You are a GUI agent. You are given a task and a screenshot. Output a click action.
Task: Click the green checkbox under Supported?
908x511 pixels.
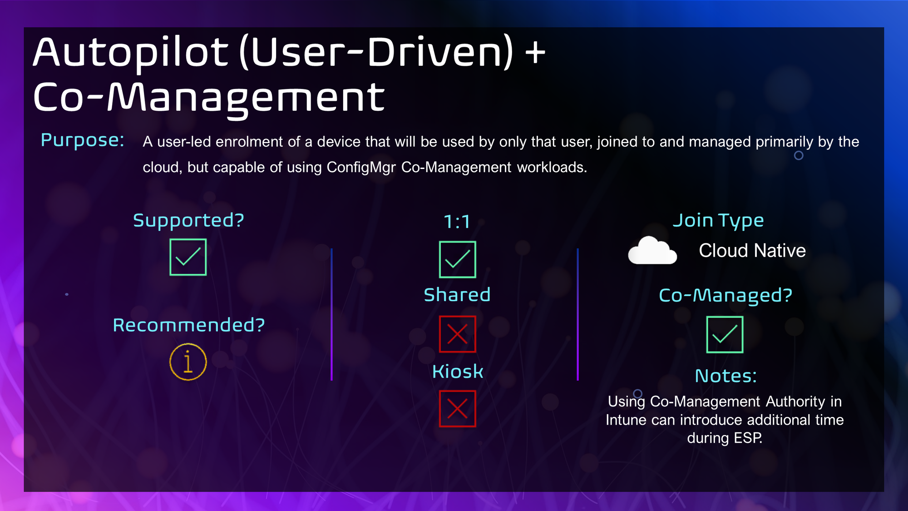pyautogui.click(x=188, y=257)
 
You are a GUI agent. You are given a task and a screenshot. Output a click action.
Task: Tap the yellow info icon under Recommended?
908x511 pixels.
pyautogui.click(x=188, y=362)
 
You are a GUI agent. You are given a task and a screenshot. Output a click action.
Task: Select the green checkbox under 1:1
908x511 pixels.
pyautogui.click(x=458, y=259)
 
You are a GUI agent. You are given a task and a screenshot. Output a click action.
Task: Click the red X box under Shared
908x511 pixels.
pyautogui.click(x=458, y=334)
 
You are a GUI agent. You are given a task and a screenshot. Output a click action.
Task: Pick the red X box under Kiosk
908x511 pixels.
pyautogui.click(x=458, y=409)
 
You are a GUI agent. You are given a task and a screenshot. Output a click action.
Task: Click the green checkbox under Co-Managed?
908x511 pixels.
pyautogui.click(x=725, y=335)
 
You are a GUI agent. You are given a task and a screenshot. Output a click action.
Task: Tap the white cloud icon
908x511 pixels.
pyautogui.click(x=652, y=250)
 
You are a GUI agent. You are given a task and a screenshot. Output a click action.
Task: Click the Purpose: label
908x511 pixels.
pyautogui.click(x=83, y=140)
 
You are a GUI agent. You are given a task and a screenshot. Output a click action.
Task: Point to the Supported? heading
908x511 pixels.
pyautogui.click(x=188, y=220)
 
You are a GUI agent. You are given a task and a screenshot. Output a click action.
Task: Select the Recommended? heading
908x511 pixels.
pyautogui.click(x=189, y=325)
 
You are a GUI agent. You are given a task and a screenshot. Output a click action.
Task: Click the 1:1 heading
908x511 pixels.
pyautogui.click(x=457, y=222)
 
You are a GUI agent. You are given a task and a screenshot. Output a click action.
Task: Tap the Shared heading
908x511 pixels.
pyautogui.click(x=457, y=295)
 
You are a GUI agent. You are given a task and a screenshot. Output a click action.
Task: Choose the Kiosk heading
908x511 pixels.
pyautogui.click(x=458, y=372)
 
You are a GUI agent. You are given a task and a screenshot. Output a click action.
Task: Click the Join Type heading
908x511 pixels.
pyautogui.click(x=718, y=221)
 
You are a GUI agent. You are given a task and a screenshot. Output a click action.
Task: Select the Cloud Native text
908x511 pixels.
pyautogui.click(x=752, y=251)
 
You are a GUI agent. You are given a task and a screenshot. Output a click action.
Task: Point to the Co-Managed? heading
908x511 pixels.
pyautogui.click(x=725, y=295)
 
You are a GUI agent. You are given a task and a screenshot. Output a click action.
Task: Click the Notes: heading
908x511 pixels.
pyautogui.click(x=726, y=376)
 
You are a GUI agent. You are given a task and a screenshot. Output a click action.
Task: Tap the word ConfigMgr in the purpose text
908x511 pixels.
pyautogui.click(x=361, y=167)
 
